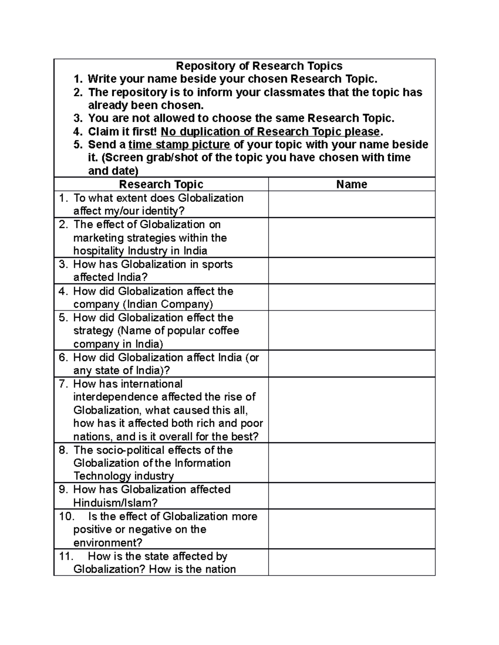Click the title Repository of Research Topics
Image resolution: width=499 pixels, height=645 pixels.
point(259,66)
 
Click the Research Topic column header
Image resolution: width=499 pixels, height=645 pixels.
point(161,184)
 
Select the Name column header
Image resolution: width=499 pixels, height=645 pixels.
point(351,184)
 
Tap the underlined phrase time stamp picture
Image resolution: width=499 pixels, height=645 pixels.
point(179,145)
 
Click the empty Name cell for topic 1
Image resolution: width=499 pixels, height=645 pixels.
point(351,204)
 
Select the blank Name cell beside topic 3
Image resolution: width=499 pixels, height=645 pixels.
point(351,271)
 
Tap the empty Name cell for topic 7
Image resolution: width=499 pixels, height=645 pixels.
point(351,410)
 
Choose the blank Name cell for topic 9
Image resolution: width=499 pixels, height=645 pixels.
point(351,496)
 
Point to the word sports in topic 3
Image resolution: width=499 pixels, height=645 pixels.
point(217,265)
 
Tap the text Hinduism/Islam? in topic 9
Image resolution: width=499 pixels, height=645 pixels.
point(115,503)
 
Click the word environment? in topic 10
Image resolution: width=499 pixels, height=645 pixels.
point(108,543)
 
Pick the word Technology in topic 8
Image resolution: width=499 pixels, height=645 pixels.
point(97,476)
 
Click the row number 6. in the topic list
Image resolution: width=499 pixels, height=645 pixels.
point(63,358)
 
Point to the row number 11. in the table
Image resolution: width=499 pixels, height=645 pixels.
point(66,557)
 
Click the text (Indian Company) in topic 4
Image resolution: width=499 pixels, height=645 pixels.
point(168,304)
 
